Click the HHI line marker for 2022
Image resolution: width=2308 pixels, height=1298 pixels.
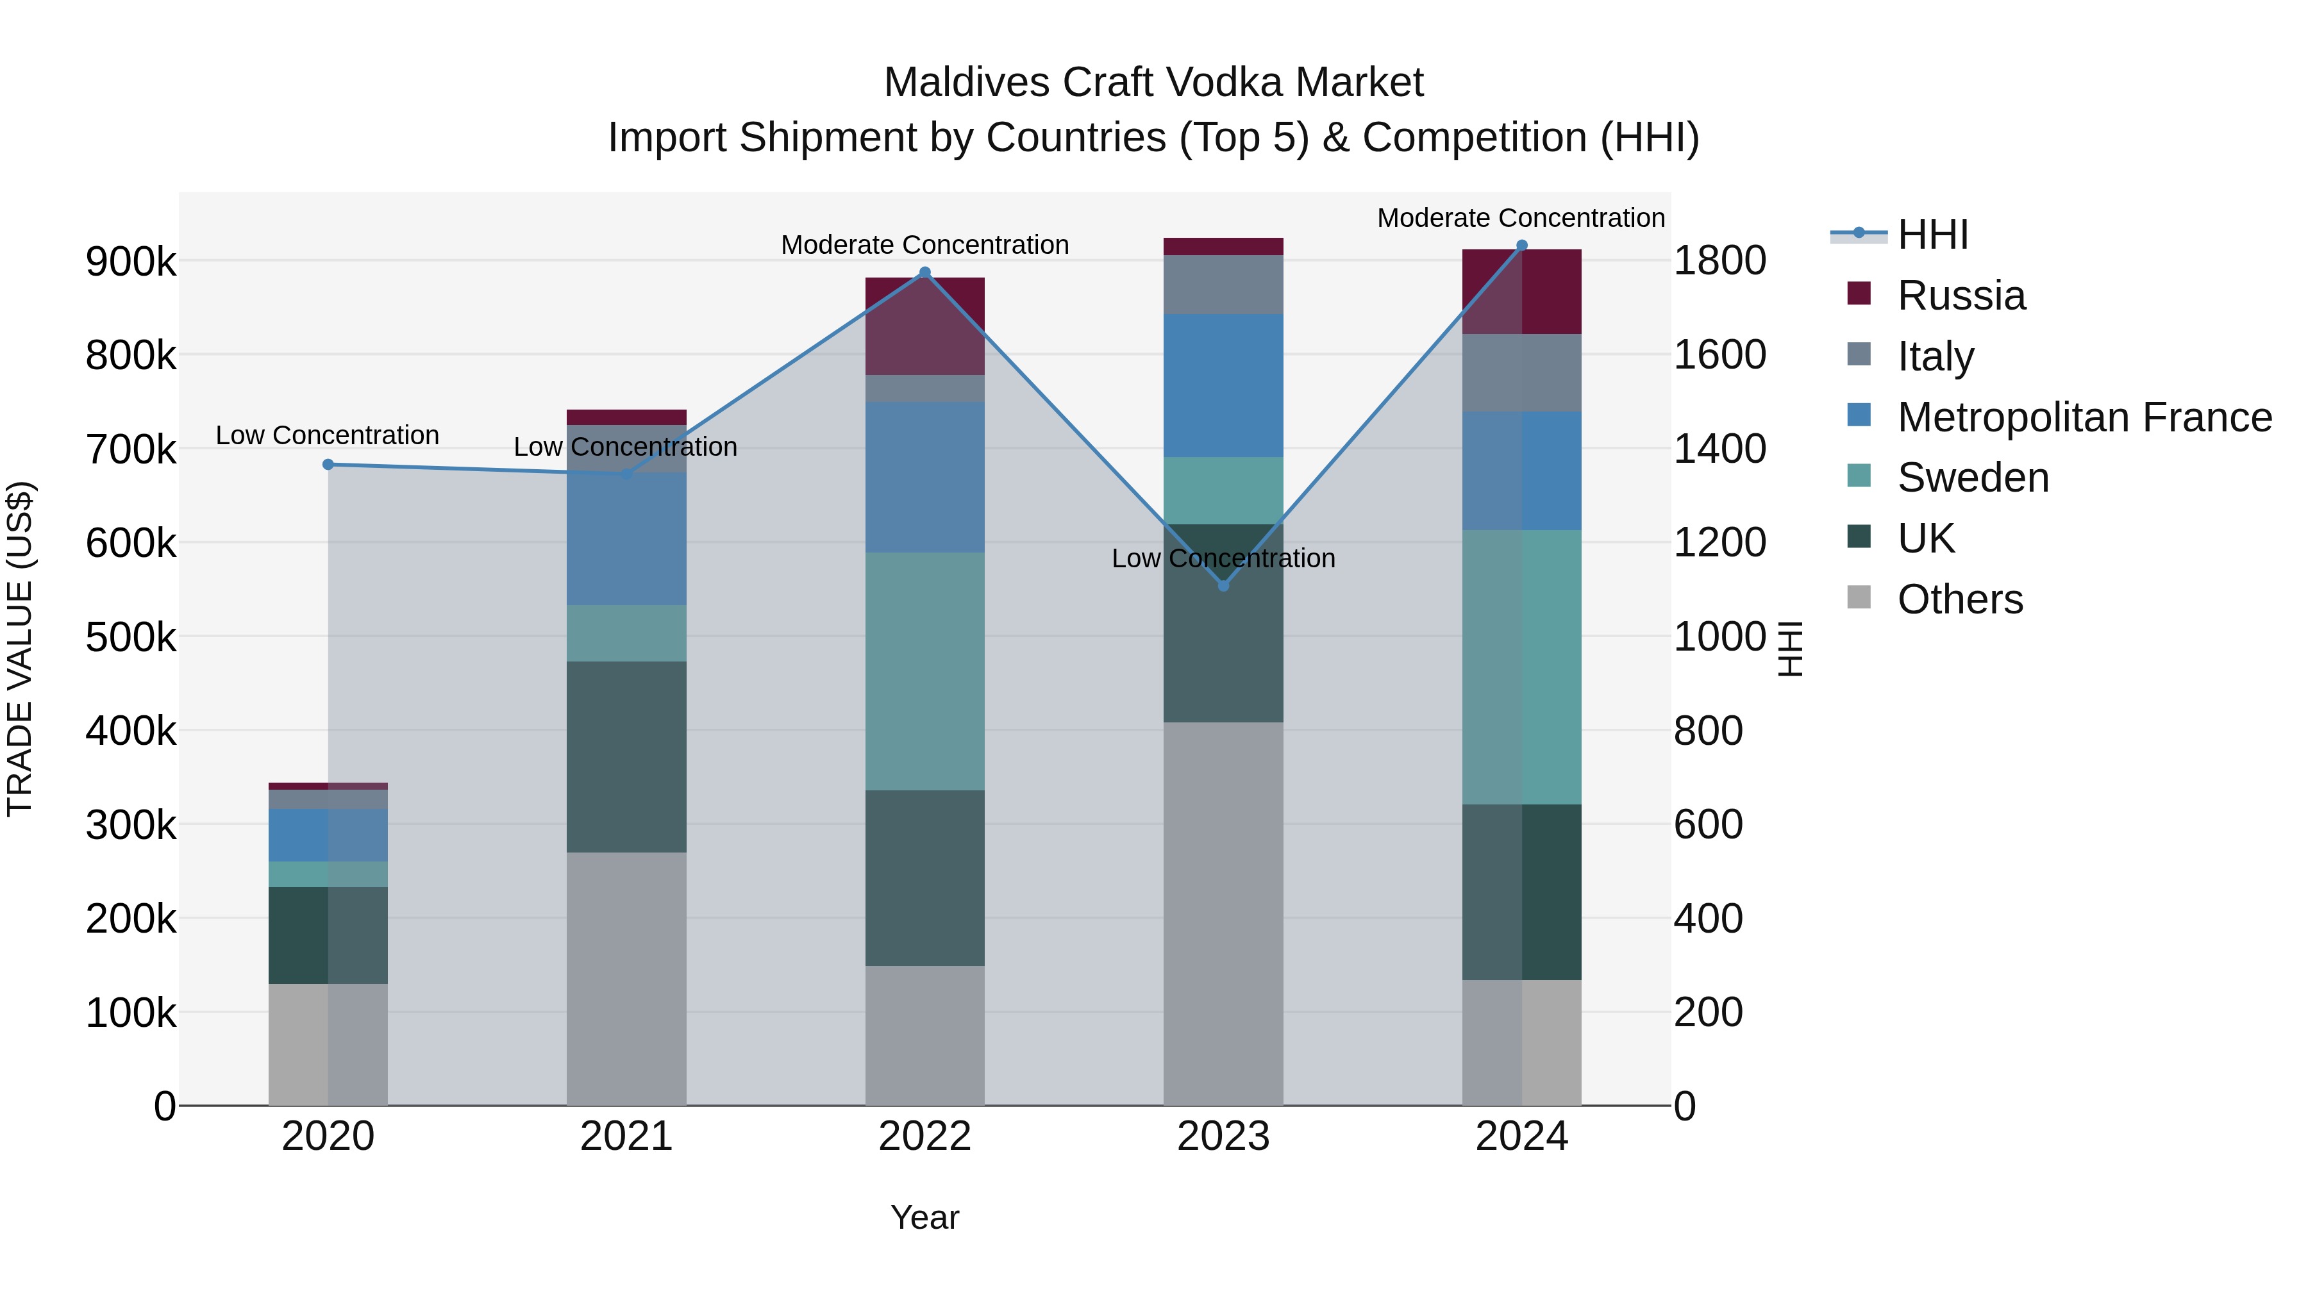click(924, 273)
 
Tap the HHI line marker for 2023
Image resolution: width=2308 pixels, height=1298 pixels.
click(1223, 586)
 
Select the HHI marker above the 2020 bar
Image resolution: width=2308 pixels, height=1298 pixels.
click(328, 464)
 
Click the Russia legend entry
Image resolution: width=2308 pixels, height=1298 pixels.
click(1961, 295)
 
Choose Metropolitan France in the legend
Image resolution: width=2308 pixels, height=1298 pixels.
click(2084, 417)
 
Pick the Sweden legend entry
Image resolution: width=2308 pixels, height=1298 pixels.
click(1972, 478)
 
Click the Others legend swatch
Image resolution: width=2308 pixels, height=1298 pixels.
click(1859, 597)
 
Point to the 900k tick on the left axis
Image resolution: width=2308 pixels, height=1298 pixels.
click(131, 262)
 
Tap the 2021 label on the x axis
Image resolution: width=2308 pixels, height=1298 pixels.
click(626, 1136)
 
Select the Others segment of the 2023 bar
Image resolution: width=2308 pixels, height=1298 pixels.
click(1223, 913)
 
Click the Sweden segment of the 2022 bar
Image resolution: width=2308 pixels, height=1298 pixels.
click(924, 672)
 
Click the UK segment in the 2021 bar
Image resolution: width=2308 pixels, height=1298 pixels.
click(626, 757)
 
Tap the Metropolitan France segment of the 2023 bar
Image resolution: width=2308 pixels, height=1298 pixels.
click(1223, 385)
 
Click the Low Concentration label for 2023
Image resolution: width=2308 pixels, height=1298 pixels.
click(1223, 558)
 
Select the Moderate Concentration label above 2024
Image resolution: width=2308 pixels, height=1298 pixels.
click(1521, 218)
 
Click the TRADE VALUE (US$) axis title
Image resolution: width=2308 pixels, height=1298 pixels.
click(20, 649)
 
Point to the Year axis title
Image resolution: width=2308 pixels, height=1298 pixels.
click(924, 1217)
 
